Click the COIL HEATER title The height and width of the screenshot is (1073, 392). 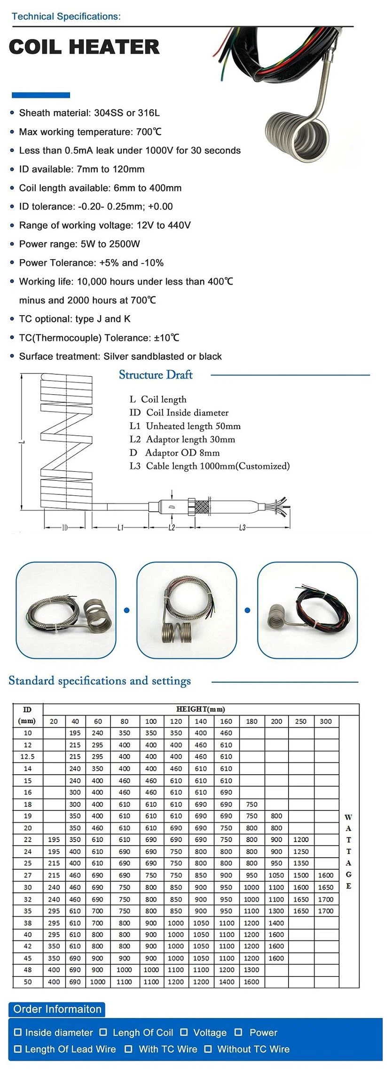click(x=84, y=47)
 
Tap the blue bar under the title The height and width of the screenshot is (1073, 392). click(x=40, y=95)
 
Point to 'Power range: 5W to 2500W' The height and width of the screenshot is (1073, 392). click(x=79, y=244)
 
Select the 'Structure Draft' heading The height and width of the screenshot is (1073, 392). click(x=156, y=375)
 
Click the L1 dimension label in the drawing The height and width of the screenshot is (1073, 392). click(x=120, y=528)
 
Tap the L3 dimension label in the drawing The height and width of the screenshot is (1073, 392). click(x=242, y=528)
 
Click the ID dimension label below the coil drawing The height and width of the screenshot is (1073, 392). click(x=65, y=528)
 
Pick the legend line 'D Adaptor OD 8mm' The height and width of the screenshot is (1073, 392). click(x=175, y=453)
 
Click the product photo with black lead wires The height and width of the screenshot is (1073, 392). click(x=307, y=610)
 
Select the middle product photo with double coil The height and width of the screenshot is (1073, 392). click(x=187, y=610)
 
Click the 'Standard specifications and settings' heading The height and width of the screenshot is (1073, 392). click(x=100, y=681)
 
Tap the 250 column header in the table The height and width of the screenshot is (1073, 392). click(x=301, y=721)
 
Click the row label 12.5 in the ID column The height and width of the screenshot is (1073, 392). click(x=28, y=756)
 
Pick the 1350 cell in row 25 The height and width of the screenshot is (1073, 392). click(x=301, y=863)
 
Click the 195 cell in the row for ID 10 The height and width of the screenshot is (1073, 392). click(x=75, y=733)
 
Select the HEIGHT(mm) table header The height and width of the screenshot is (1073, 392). click(x=201, y=709)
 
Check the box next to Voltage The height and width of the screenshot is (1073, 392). click(x=184, y=1032)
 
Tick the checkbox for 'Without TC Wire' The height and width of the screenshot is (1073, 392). click(x=208, y=1049)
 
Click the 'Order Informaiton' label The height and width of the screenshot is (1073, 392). click(x=57, y=1009)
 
